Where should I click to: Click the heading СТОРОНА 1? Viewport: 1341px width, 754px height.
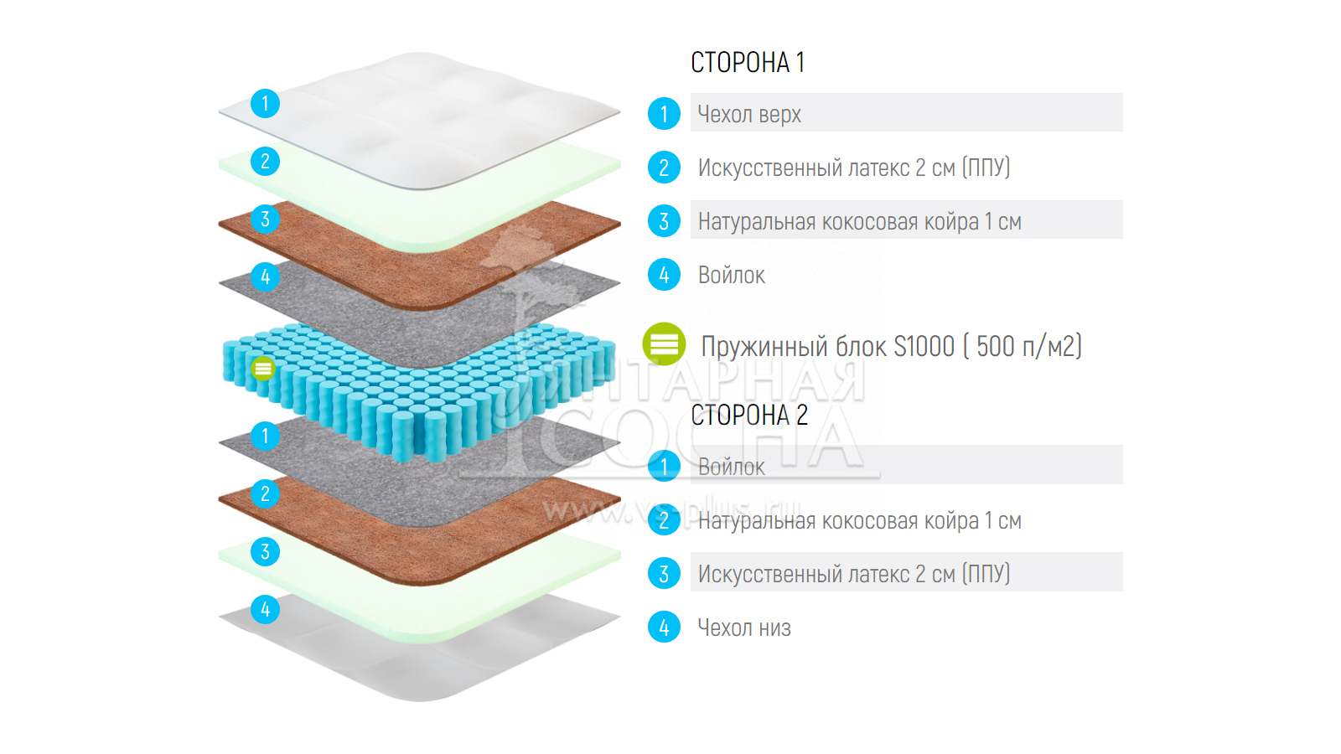click(x=747, y=62)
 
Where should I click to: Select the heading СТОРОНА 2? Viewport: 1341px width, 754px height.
click(x=748, y=415)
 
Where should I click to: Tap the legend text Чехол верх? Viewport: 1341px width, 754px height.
click(x=749, y=114)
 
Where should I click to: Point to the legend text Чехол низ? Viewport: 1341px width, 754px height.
click(x=744, y=627)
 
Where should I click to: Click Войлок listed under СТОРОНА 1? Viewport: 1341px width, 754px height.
click(x=731, y=275)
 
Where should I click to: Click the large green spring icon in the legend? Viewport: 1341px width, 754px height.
click(x=664, y=344)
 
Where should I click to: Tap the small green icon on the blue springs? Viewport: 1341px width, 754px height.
click(x=263, y=368)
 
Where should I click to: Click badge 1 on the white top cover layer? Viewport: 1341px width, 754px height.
click(x=265, y=103)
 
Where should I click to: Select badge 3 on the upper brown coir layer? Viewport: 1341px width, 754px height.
click(x=265, y=219)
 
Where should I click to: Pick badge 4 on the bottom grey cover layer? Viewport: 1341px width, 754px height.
click(x=265, y=609)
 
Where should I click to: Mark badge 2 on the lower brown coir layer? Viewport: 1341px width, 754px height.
click(x=265, y=493)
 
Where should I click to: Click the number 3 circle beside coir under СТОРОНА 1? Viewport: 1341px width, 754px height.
click(x=664, y=221)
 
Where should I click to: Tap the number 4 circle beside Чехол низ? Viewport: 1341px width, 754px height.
click(x=664, y=627)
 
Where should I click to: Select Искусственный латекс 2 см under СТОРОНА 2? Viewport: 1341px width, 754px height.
click(x=853, y=574)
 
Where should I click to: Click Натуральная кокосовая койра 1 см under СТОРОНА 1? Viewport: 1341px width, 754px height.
click(x=859, y=221)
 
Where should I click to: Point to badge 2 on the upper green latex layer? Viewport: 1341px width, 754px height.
click(x=265, y=161)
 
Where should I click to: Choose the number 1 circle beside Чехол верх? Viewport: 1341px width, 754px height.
click(x=664, y=114)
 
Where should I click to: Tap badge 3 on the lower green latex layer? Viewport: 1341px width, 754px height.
click(x=265, y=551)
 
